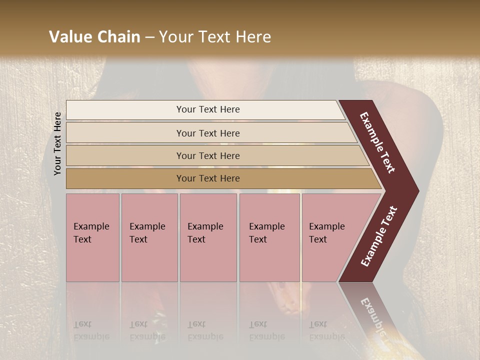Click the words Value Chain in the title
tap(94, 37)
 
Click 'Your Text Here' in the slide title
tap(215, 37)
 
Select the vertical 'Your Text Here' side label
tap(57, 143)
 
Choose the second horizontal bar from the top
tap(208, 133)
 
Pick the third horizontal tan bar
tap(208, 155)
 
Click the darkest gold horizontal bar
tap(208, 178)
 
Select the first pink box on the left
tap(92, 237)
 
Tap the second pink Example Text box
tap(149, 237)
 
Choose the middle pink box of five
tap(208, 237)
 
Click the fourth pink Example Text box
tap(269, 237)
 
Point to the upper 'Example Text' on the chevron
tap(377, 142)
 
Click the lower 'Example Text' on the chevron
tap(379, 236)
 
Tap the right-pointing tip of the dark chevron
tap(416, 191)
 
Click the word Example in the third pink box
tap(205, 226)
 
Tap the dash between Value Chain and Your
tap(149, 37)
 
